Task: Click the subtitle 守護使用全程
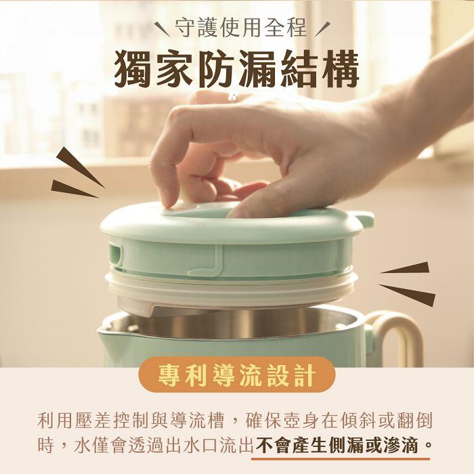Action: (x=240, y=28)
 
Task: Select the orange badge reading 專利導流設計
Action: (x=237, y=374)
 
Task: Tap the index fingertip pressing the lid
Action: (x=170, y=200)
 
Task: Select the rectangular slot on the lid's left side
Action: (x=116, y=253)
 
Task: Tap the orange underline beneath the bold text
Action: (x=341, y=459)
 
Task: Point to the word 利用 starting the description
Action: (x=56, y=421)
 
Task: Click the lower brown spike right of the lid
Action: (x=407, y=295)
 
